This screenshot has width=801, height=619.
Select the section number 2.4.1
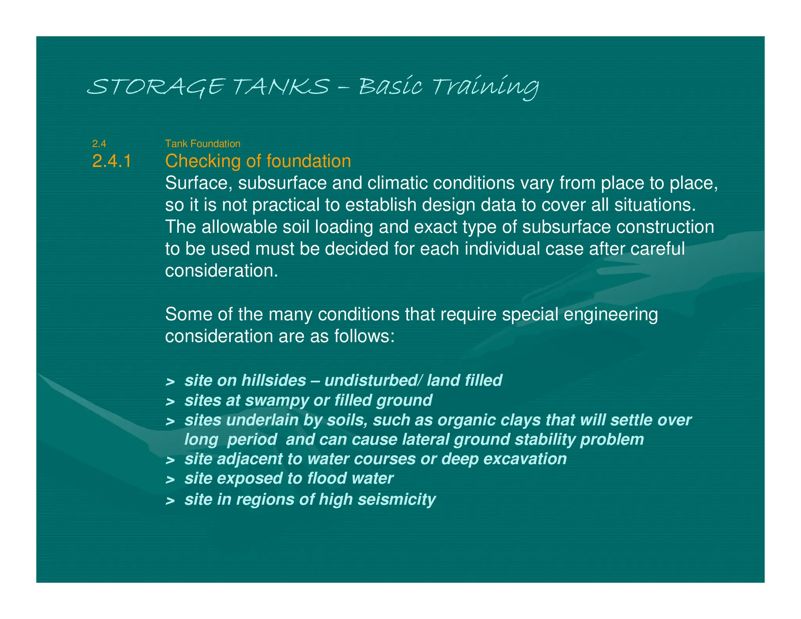112,161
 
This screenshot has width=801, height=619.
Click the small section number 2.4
99,144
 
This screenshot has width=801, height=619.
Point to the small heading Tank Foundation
203,144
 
